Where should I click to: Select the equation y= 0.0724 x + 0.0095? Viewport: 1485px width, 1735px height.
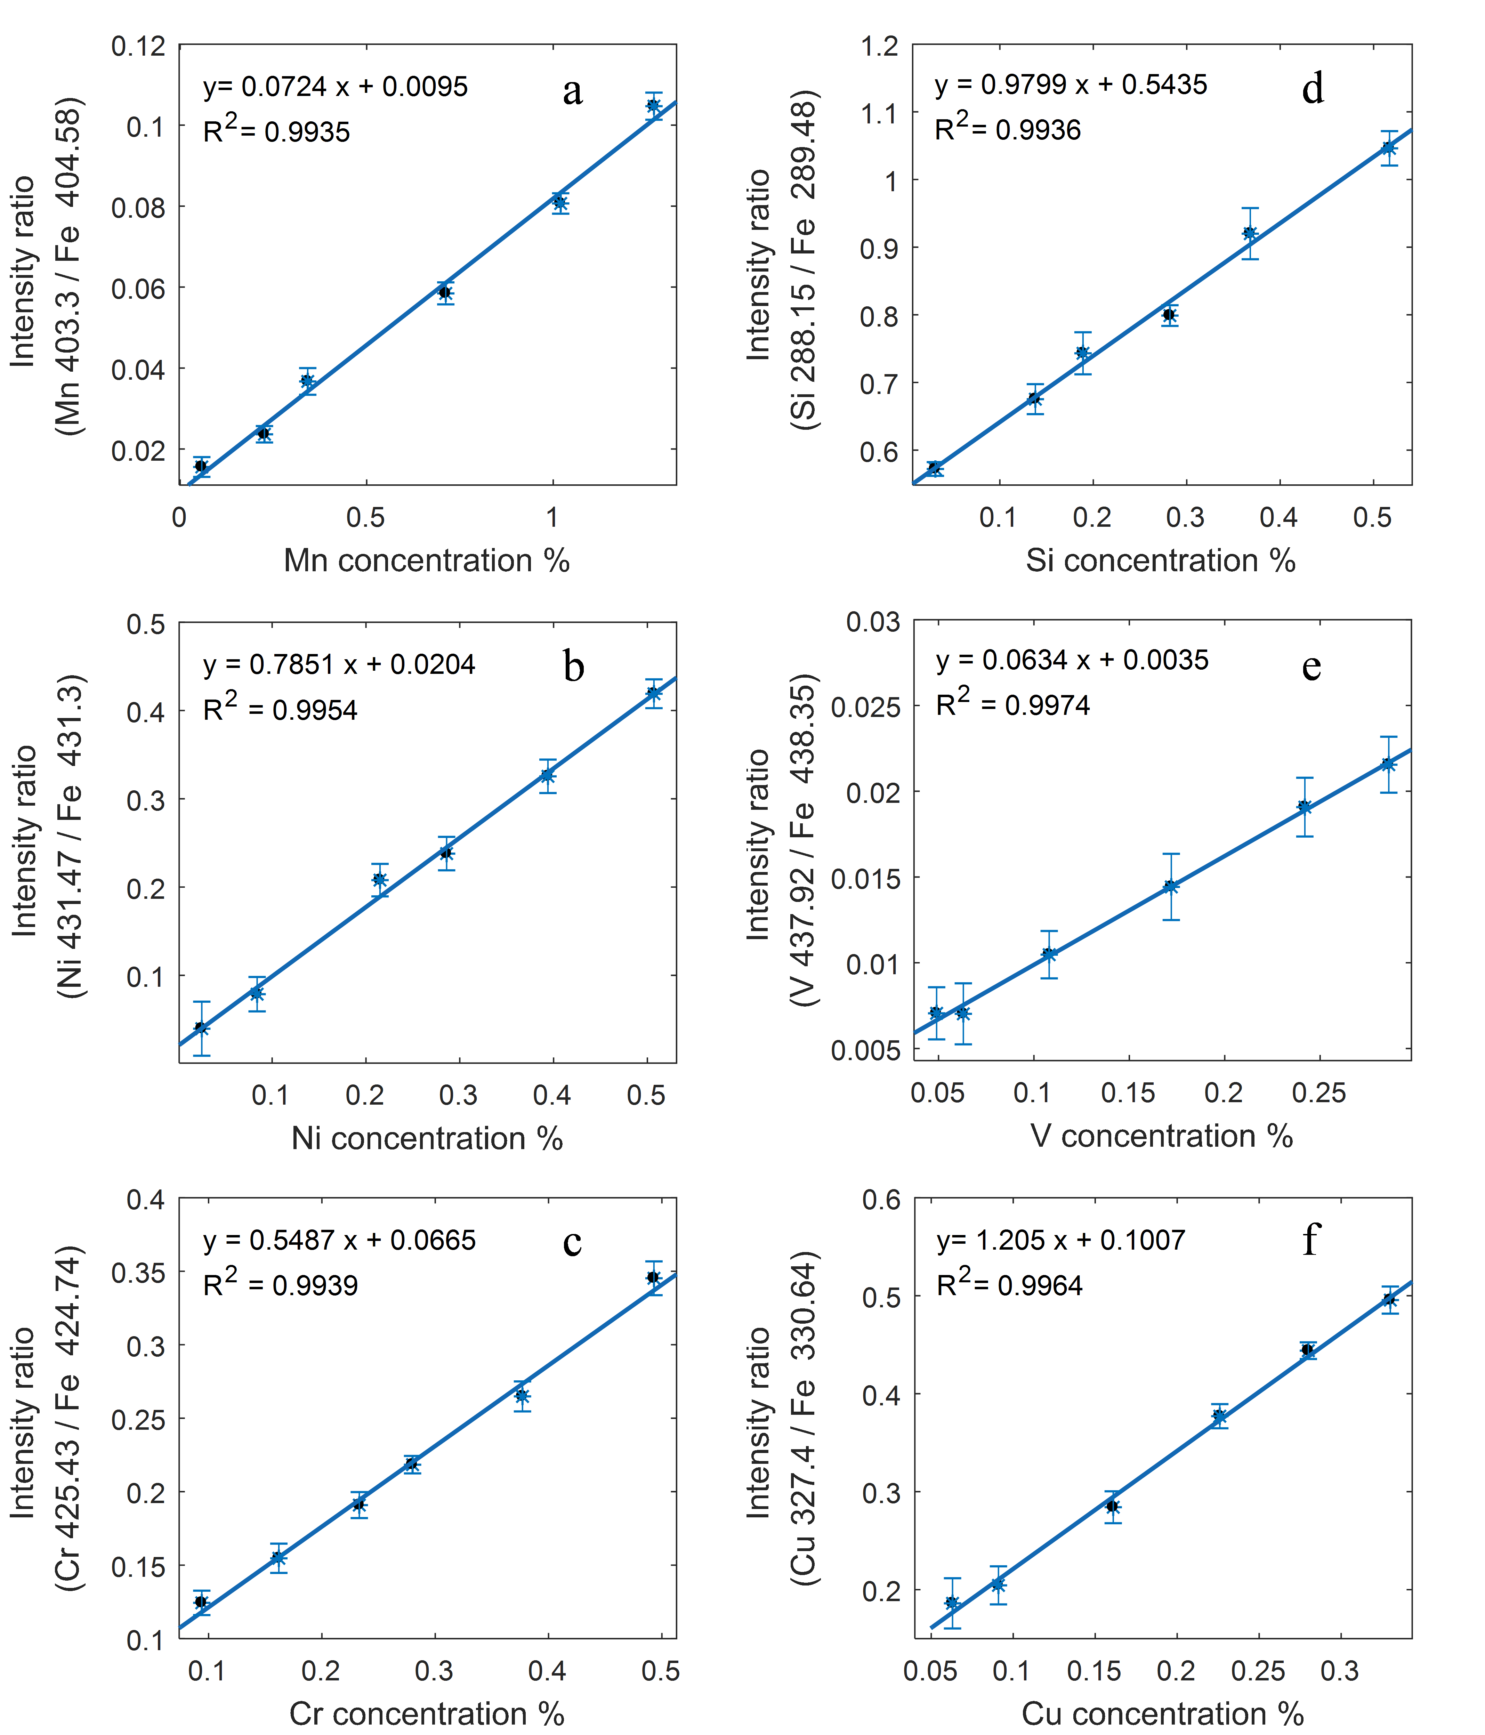click(335, 86)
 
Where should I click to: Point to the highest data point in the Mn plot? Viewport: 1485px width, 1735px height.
click(653, 105)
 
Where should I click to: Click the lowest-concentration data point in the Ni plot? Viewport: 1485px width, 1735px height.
click(201, 1027)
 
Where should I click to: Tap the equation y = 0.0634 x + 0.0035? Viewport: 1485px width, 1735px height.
click(1072, 660)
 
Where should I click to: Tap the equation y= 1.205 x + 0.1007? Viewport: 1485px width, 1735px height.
click(1060, 1240)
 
